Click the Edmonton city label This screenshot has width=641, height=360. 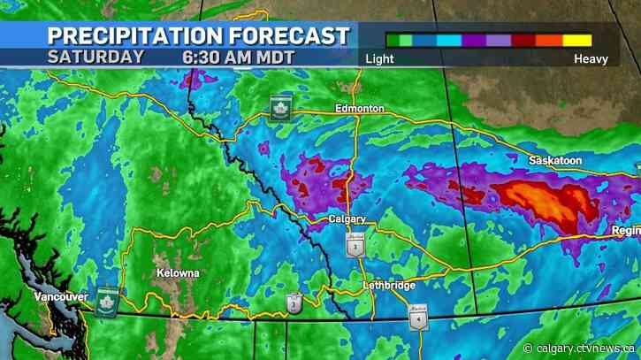click(x=359, y=108)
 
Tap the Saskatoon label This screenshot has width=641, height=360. click(x=554, y=161)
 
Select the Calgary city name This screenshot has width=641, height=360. click(x=347, y=219)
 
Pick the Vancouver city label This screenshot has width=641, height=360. click(x=59, y=296)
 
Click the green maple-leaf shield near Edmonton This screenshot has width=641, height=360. click(x=281, y=104)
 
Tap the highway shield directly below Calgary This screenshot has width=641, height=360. click(x=355, y=246)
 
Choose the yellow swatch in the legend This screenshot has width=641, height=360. click(x=577, y=40)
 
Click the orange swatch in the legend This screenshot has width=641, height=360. click(x=550, y=40)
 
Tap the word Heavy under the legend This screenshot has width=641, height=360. click(x=589, y=59)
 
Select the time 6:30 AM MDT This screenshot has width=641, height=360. click(x=238, y=56)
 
